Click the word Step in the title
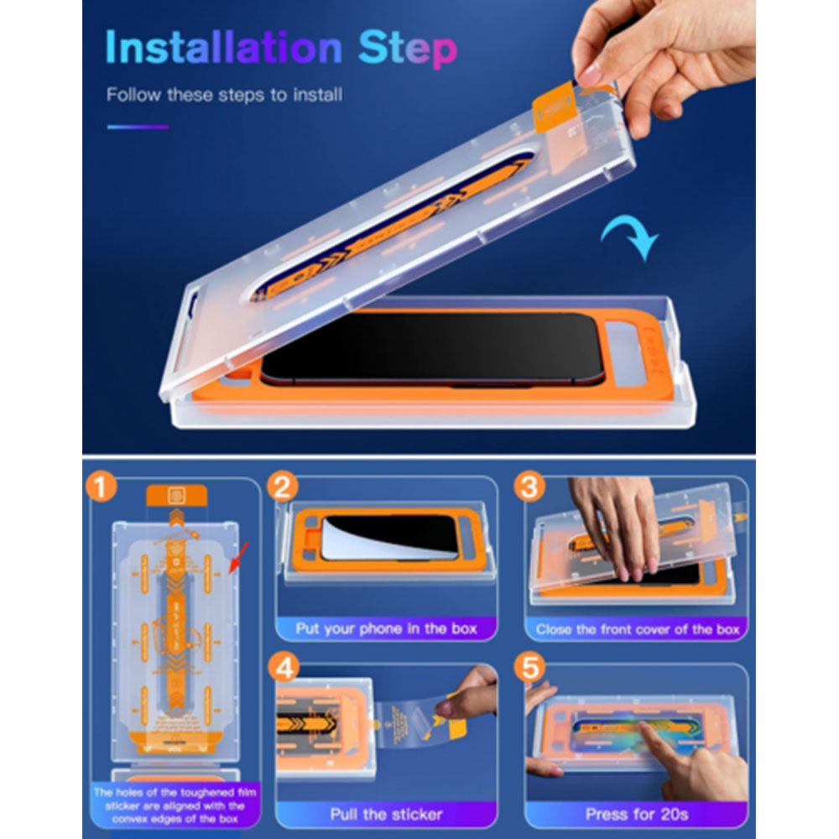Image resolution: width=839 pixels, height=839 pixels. [408, 50]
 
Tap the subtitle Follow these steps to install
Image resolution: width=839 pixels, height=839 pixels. [224, 95]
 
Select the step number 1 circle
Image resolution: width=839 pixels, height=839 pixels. [102, 487]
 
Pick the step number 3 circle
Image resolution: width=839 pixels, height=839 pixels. [529, 487]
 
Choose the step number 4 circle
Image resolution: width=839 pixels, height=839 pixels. [286, 670]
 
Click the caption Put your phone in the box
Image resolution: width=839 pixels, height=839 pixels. [386, 628]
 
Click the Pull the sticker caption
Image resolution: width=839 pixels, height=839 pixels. [386, 814]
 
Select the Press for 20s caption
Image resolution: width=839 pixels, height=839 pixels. [638, 814]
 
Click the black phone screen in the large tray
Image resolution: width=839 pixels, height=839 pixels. [428, 348]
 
